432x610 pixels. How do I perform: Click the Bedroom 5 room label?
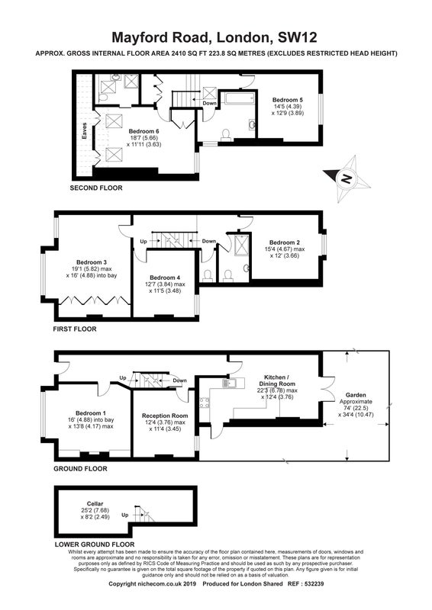point(288,100)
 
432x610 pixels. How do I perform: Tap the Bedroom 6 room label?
point(143,131)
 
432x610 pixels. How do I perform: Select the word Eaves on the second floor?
point(84,131)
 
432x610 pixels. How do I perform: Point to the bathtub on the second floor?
point(240,98)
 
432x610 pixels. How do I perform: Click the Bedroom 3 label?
point(92,262)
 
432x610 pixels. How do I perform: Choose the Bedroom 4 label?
point(165,278)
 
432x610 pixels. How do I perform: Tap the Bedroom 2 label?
point(285,242)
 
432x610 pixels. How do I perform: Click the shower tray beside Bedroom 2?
point(238,244)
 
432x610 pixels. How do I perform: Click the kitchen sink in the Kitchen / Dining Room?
point(228,384)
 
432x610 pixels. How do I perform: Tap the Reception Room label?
point(165,416)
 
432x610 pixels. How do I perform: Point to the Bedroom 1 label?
point(90,413)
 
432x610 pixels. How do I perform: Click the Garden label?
point(356,395)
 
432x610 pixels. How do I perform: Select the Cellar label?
point(95,503)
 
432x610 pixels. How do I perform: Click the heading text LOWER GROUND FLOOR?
point(95,544)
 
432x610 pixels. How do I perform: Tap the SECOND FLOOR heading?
point(96,188)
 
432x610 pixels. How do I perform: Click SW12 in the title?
point(297,37)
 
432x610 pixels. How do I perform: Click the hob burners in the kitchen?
point(203,403)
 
